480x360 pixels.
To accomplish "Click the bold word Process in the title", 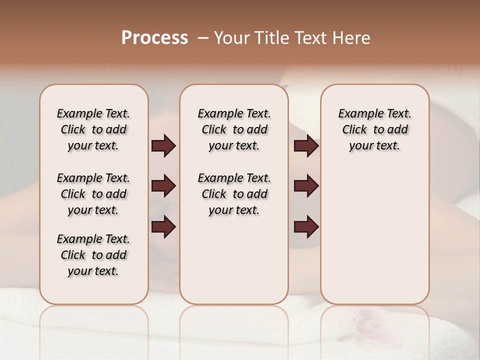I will click(154, 38).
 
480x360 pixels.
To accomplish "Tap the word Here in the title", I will click(352, 38).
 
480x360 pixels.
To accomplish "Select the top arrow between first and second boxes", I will click(163, 145).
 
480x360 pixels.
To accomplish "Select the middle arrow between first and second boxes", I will click(163, 186).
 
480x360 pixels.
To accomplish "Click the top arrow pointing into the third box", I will click(306, 145).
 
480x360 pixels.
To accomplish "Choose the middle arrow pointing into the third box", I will click(306, 186).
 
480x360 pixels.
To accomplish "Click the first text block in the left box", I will click(93, 129).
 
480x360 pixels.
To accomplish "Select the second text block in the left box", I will click(93, 194).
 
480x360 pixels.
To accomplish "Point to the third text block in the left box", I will click(93, 255).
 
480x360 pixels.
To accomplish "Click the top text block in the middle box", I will click(234, 129).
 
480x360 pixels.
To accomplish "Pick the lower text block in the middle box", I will click(234, 194).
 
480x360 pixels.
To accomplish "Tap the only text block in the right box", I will click(374, 129).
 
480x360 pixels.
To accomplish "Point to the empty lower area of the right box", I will click(374, 235).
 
